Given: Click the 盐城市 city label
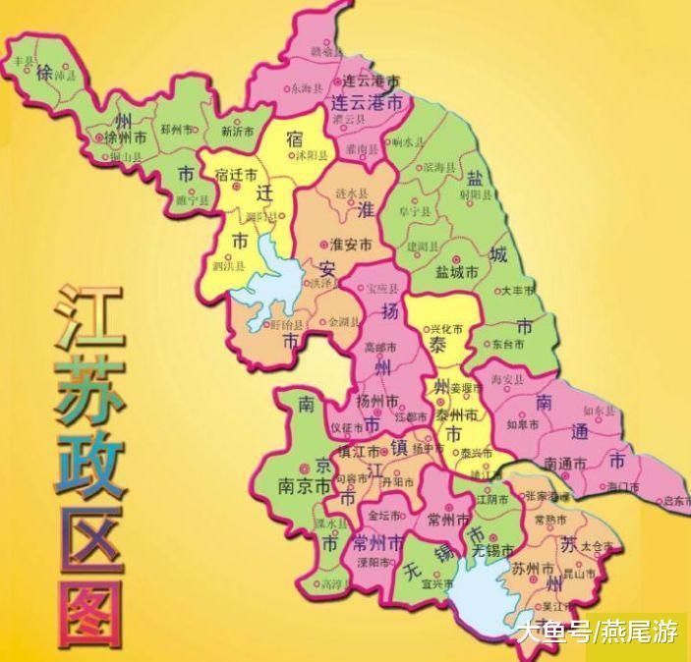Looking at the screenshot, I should (x=458, y=271).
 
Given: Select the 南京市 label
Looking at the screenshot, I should (x=302, y=484).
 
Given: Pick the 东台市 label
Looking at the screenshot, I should (x=508, y=345).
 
